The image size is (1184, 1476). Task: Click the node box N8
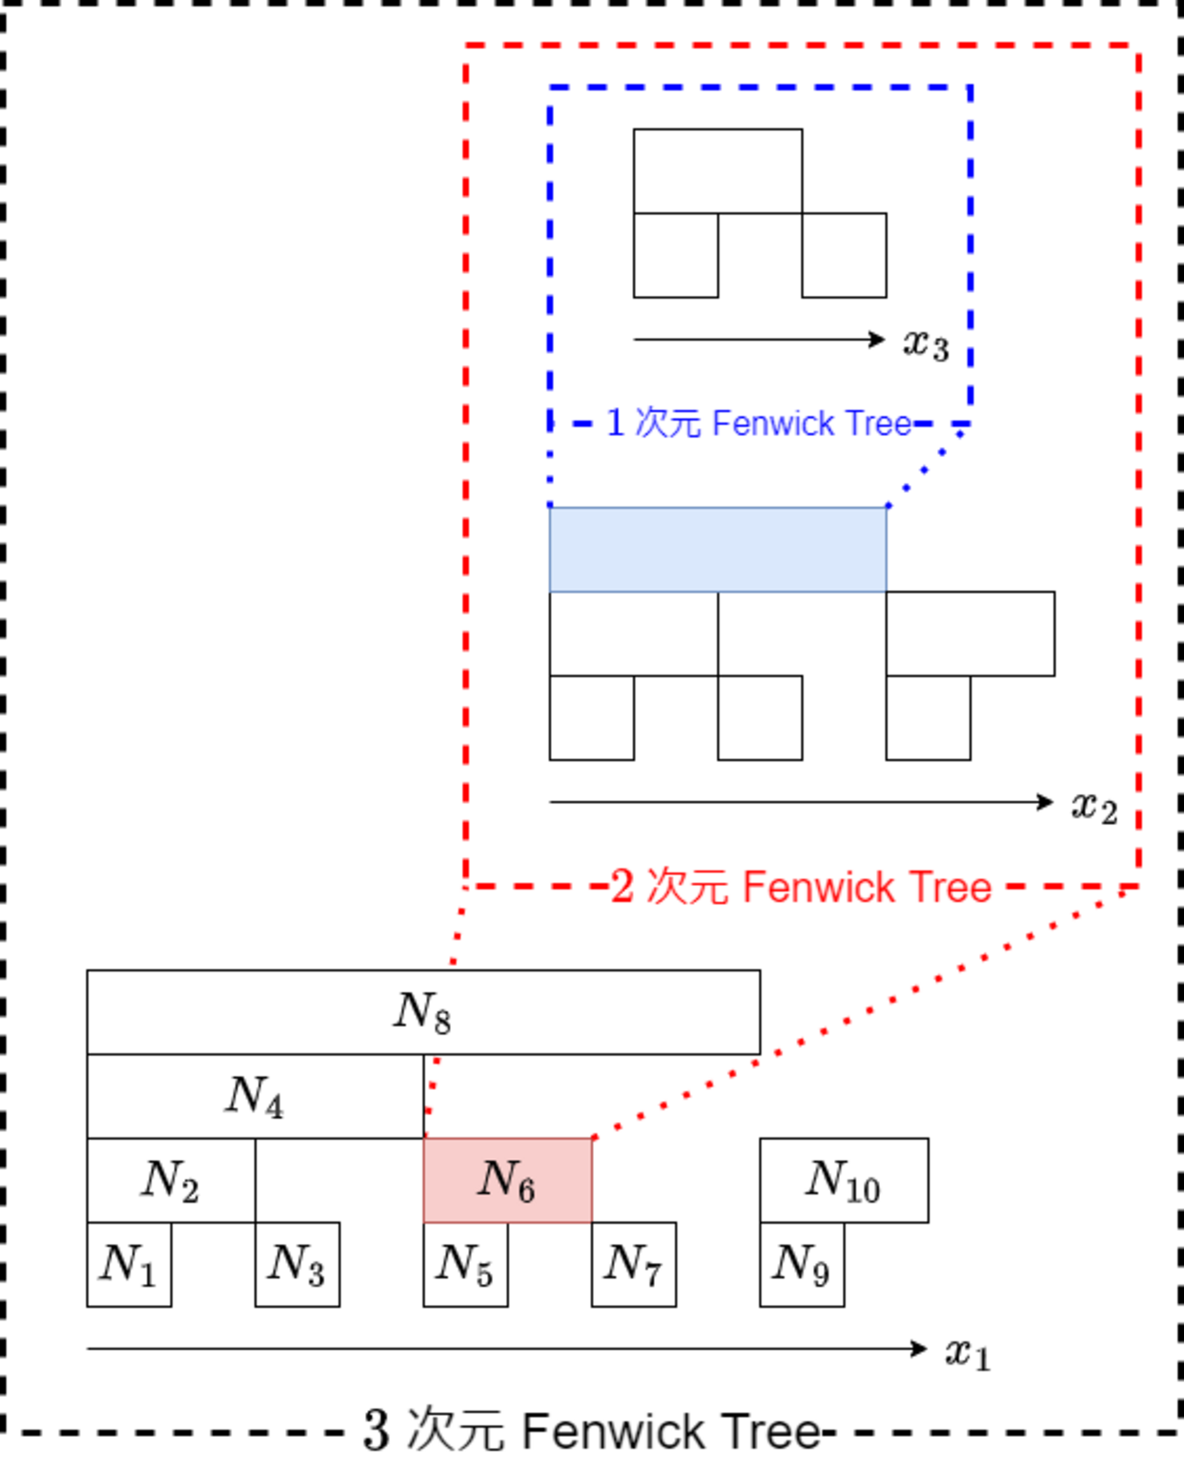click(424, 1012)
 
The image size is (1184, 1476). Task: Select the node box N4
click(255, 1095)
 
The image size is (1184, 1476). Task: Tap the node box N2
click(170, 1180)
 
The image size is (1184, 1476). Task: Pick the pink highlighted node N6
click(507, 1180)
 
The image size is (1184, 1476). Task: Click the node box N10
click(843, 1180)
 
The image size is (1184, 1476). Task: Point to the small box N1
click(128, 1264)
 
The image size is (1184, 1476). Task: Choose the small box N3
click(297, 1264)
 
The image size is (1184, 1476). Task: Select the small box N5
click(465, 1264)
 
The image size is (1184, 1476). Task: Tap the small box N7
click(634, 1264)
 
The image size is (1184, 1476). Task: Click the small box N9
click(801, 1264)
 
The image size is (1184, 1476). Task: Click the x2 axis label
click(1094, 807)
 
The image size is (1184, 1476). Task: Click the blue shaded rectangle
click(718, 549)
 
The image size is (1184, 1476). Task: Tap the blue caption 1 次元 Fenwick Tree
click(759, 423)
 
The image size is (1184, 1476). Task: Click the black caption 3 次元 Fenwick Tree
click(592, 1430)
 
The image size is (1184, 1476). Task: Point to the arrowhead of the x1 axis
click(920, 1349)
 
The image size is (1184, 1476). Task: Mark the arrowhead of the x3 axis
click(878, 340)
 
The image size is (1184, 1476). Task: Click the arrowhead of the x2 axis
click(1046, 802)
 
